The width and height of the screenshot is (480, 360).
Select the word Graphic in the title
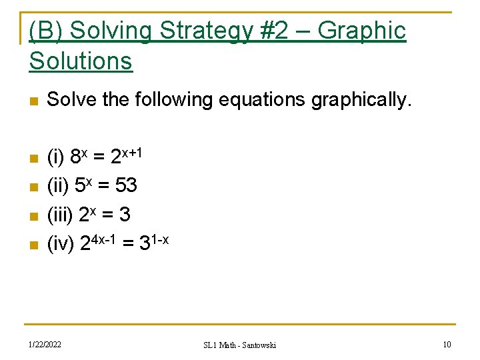coord(362,31)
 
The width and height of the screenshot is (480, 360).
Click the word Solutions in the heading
coord(81,61)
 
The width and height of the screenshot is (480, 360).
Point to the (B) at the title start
coord(47,31)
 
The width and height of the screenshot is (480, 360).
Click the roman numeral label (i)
coord(55,158)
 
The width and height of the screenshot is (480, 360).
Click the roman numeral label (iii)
coord(60,215)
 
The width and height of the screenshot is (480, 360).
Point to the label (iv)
coord(61,244)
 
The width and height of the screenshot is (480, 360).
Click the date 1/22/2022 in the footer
coord(45,345)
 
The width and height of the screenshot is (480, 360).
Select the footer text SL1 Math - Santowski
coord(239,345)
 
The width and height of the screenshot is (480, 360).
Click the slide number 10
coord(447,345)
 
